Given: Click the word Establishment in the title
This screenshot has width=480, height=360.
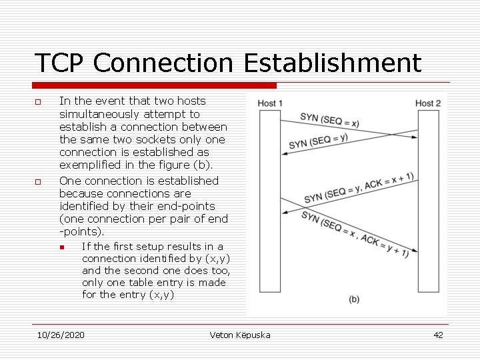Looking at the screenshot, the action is [333, 63].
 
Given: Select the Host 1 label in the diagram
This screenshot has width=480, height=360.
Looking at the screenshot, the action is [270, 103].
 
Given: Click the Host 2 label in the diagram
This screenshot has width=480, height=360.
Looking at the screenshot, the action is [428, 103].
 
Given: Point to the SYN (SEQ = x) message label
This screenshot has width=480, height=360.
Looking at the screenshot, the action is [329, 121].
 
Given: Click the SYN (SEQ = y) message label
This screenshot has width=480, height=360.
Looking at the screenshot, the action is [318, 141].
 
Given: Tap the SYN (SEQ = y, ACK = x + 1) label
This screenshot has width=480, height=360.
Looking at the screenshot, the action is [359, 187].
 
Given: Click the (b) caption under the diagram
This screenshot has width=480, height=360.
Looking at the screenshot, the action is [354, 299].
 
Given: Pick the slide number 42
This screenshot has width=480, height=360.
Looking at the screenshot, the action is [438, 335].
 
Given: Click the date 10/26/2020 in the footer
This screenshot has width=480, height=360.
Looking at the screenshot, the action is [61, 335].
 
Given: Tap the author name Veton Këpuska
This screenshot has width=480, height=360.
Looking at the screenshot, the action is [240, 335].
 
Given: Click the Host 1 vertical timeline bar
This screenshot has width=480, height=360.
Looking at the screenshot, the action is [270, 200].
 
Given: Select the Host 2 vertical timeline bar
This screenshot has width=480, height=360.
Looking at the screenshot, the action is [427, 200].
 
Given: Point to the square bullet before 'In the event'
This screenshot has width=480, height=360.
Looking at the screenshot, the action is [38, 102].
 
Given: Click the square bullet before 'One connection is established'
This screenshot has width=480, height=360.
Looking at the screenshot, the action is [38, 181].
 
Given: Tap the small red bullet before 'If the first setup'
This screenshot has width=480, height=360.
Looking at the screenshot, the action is [61, 247].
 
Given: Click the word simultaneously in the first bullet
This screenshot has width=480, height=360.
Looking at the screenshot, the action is [100, 114].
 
